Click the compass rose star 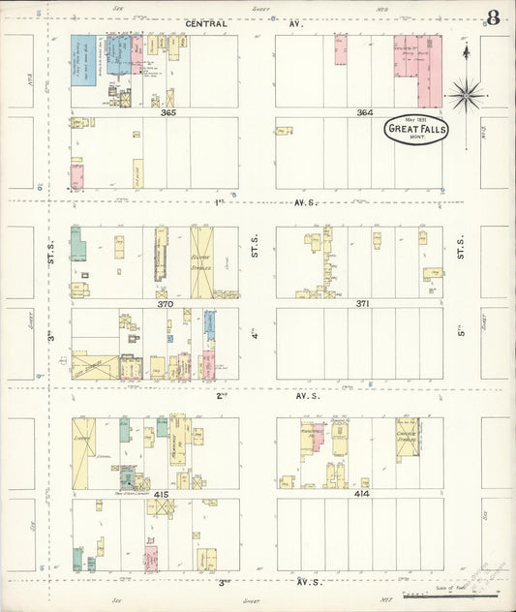[x=466, y=94]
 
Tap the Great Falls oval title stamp [x=415, y=131]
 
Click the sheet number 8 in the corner [x=494, y=17]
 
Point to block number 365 [x=168, y=113]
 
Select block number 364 [x=364, y=113]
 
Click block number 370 [x=166, y=304]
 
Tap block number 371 [x=362, y=304]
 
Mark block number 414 [x=362, y=494]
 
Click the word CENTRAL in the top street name [x=205, y=23]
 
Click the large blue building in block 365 [x=84, y=60]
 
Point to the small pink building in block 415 [x=151, y=557]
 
